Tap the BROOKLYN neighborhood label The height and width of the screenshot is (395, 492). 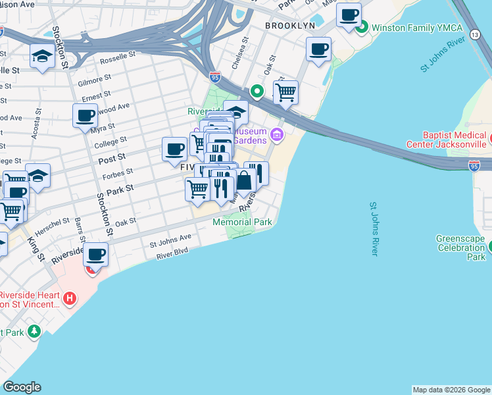coord(290,25)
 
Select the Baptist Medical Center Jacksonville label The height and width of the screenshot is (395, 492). coord(455,140)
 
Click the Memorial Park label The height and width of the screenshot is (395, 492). coord(242,222)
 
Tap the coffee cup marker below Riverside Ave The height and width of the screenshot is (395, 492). coord(96,253)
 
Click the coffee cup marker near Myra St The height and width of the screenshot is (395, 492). coord(85,116)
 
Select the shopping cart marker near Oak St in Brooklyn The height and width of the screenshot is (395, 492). coord(285,92)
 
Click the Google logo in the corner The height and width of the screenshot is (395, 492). coord(22,387)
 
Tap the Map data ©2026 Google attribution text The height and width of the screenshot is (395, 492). coord(451,390)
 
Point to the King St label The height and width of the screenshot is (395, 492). coord(32,247)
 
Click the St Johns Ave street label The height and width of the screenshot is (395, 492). coord(170,240)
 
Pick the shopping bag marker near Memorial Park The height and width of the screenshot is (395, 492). coord(243,180)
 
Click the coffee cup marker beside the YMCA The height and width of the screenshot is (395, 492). coord(349,14)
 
